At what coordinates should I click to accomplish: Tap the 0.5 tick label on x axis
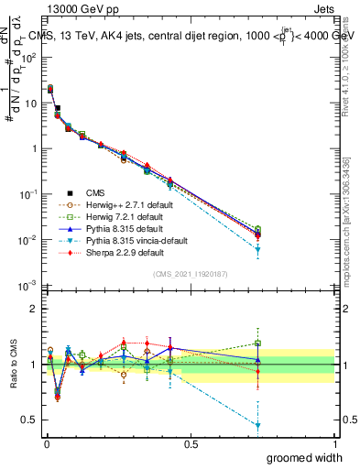pyautogui.click(x=191, y=442)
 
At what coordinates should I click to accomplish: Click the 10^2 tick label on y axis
pyautogui.click(x=27, y=57)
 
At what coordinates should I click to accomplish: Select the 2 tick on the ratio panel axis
pyautogui.click(x=32, y=309)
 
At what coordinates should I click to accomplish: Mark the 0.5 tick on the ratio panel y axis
pyautogui.click(x=27, y=420)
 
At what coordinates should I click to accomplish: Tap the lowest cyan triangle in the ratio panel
pyautogui.click(x=258, y=426)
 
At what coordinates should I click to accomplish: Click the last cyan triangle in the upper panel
pyautogui.click(x=258, y=249)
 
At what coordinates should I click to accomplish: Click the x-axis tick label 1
pyautogui.click(x=334, y=442)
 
